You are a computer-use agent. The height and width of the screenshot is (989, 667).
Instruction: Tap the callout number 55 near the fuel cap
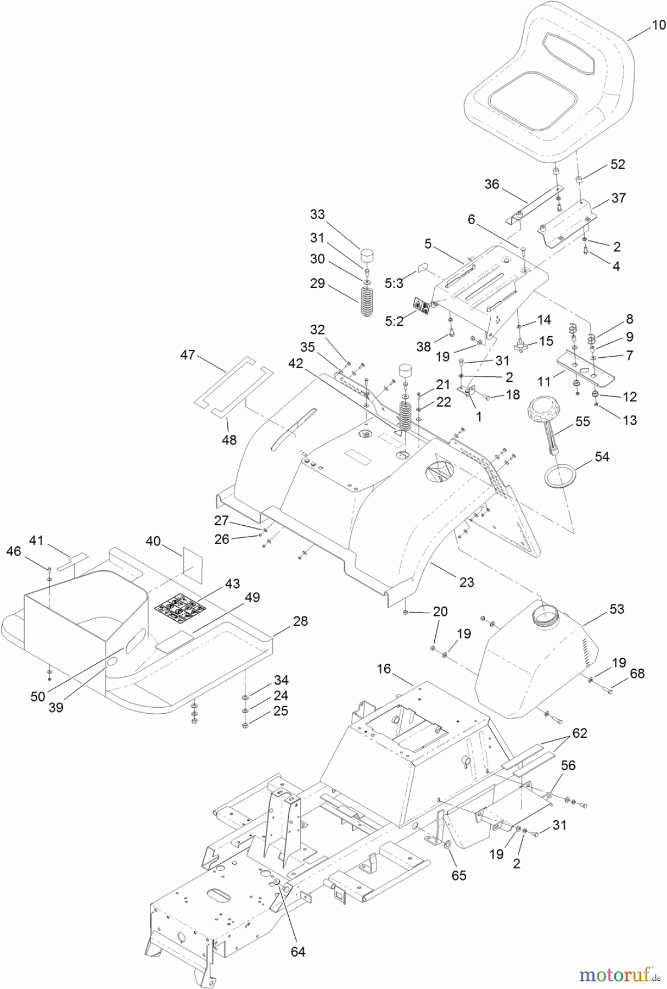[582, 421]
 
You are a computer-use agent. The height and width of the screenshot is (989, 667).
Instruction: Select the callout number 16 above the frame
[384, 669]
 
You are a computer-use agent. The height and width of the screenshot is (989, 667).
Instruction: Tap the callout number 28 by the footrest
[300, 621]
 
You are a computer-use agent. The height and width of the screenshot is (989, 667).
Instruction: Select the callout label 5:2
[394, 321]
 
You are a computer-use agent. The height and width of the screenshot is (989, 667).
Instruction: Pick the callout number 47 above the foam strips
[188, 355]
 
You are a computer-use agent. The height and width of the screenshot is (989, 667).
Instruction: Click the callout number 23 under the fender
[466, 582]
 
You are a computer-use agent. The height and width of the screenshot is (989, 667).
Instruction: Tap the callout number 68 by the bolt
[637, 674]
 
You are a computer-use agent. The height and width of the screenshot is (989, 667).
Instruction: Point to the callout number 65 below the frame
[458, 875]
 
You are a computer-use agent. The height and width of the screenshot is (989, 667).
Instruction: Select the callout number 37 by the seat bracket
[619, 198]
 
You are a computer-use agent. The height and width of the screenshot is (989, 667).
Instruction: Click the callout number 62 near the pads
[579, 733]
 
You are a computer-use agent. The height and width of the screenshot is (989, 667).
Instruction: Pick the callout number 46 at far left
[13, 551]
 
